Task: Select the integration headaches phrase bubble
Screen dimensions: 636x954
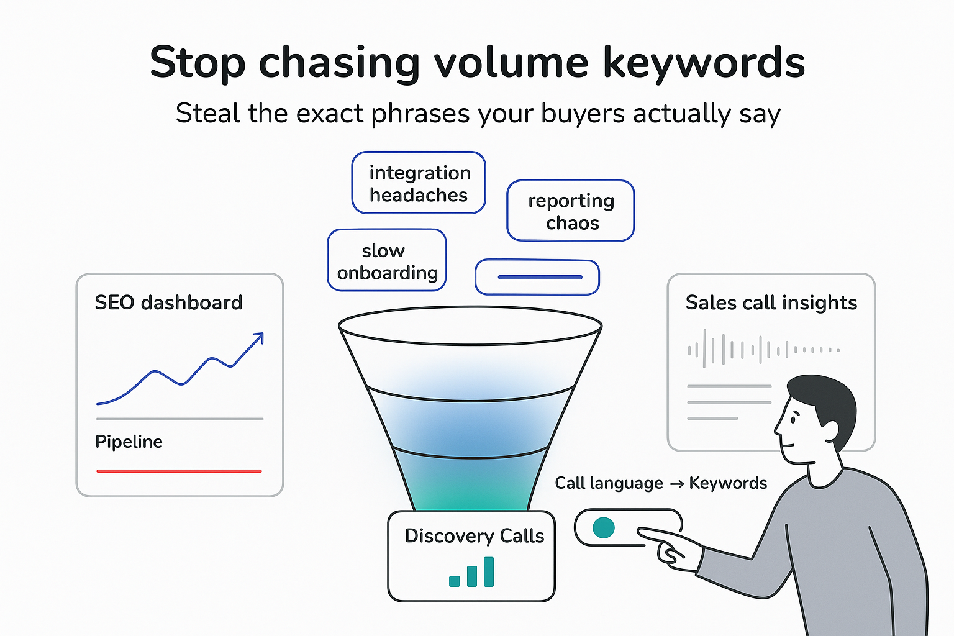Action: click(419, 183)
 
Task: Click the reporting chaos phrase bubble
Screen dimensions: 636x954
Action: click(571, 211)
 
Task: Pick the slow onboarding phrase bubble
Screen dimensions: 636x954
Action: click(386, 261)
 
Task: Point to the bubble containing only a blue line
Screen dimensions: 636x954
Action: click(537, 277)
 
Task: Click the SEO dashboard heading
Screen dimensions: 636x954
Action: click(168, 302)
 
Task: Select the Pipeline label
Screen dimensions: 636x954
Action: click(129, 442)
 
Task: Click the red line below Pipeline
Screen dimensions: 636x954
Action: click(179, 471)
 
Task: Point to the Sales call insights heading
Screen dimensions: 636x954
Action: click(771, 302)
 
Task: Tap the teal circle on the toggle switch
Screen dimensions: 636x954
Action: click(603, 527)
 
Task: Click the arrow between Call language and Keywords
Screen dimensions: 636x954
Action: click(676, 484)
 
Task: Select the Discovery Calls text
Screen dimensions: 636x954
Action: click(474, 536)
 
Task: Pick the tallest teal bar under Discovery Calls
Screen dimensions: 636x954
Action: click(489, 571)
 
